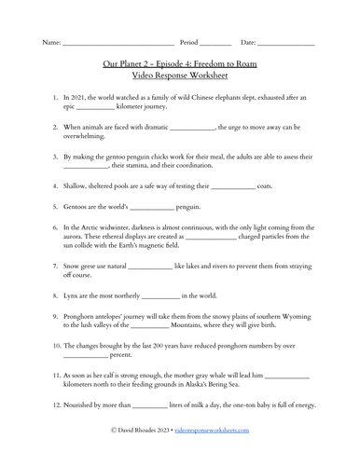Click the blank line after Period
215,43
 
